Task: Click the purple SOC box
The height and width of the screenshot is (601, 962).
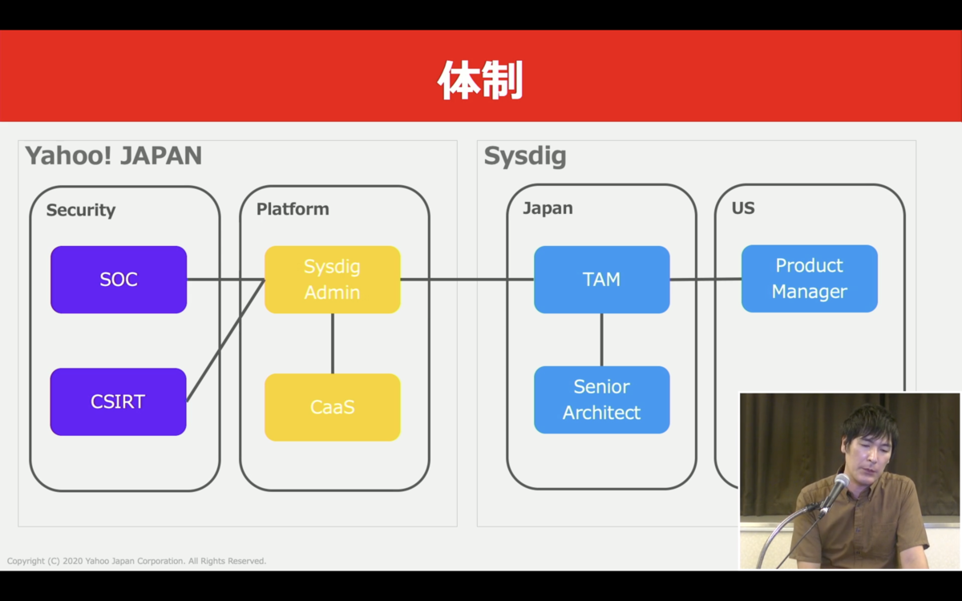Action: (x=119, y=280)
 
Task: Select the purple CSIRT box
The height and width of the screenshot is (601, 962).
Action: (x=118, y=401)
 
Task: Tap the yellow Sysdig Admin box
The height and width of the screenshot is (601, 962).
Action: (x=333, y=280)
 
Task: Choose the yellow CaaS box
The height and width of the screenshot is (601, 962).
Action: (x=333, y=407)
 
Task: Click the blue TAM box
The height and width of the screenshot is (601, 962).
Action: (x=602, y=280)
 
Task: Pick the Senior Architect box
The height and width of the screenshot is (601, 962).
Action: (x=602, y=400)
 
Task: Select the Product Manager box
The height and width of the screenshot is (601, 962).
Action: (x=810, y=279)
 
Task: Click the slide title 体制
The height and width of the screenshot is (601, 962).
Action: (x=480, y=80)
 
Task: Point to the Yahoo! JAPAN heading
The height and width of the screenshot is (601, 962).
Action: (x=113, y=155)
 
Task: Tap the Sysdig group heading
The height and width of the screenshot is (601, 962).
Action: (x=525, y=155)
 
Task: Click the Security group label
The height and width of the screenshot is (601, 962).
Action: (x=81, y=210)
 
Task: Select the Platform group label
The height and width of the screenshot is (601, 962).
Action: (x=293, y=209)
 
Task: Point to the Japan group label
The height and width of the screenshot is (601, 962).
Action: (x=548, y=208)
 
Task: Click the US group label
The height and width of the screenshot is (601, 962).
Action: (x=743, y=208)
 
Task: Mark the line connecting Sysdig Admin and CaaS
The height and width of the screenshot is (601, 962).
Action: (x=333, y=344)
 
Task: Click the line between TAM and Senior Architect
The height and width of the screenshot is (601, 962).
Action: (x=602, y=340)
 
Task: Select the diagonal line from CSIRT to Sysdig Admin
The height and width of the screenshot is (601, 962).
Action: (x=225, y=341)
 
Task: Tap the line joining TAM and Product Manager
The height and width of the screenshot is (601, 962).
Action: (x=705, y=280)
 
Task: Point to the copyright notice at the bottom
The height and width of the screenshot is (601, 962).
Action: (x=136, y=561)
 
